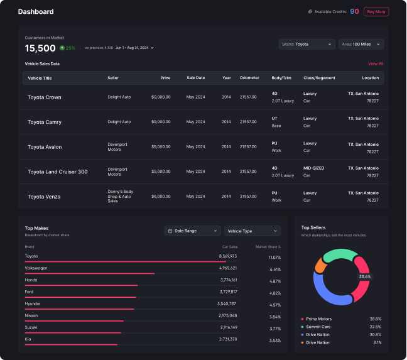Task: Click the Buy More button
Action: click(x=376, y=11)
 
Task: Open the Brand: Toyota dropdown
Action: click(x=307, y=44)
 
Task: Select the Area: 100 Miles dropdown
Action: click(x=361, y=44)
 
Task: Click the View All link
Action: click(x=376, y=63)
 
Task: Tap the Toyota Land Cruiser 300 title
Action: click(x=57, y=172)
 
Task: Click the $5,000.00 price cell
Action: click(x=161, y=172)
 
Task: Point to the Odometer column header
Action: click(x=249, y=78)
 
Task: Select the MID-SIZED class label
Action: click(x=315, y=168)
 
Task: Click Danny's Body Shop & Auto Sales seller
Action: click(x=120, y=196)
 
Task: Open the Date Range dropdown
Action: click(x=192, y=231)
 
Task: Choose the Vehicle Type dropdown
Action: click(x=253, y=231)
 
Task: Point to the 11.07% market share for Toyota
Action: click(x=274, y=258)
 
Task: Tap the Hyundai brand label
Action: click(x=33, y=303)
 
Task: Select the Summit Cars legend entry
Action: click(x=320, y=327)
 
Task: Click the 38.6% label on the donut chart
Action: click(x=364, y=276)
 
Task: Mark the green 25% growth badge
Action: click(x=67, y=48)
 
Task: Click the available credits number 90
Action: click(x=354, y=11)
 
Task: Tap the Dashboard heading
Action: click(x=36, y=11)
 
